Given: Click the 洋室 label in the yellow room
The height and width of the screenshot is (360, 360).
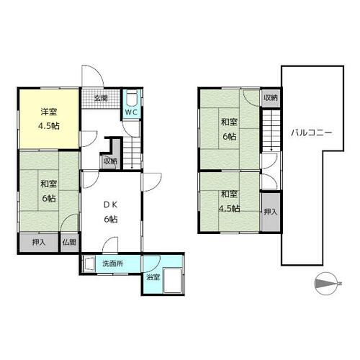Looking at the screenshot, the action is [x=49, y=112].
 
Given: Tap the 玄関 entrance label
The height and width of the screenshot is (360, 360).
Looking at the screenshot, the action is [x=101, y=99].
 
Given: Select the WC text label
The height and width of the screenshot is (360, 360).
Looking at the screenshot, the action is [x=131, y=112].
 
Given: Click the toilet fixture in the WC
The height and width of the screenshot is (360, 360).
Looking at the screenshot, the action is [x=131, y=98].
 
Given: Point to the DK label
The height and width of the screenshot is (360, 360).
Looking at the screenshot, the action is [x=110, y=204].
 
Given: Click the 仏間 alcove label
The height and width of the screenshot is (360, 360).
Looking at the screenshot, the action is [x=69, y=243].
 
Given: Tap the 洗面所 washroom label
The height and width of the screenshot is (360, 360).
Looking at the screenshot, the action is [x=113, y=264].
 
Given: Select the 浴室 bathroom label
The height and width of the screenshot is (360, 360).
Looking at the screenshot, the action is [x=153, y=277].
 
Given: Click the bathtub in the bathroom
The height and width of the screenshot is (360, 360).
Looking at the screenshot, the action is [x=174, y=281].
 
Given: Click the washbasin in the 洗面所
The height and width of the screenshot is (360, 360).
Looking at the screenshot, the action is [x=89, y=264].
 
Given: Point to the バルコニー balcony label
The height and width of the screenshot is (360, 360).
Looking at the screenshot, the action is [x=311, y=132].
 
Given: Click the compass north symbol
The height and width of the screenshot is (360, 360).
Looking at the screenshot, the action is [x=327, y=284].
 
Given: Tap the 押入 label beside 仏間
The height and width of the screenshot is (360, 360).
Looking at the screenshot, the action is [x=39, y=243].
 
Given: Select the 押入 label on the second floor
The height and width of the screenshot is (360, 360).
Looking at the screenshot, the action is [x=271, y=212].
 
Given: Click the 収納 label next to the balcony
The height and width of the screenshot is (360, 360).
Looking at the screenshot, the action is [x=271, y=98].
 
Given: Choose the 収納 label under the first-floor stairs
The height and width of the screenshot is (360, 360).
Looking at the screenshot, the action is [x=110, y=161].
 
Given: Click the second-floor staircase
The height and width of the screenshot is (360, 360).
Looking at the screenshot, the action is [x=271, y=130].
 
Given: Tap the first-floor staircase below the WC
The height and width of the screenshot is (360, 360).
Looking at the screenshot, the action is [x=132, y=153].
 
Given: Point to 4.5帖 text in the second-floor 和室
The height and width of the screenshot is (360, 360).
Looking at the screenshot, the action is [x=230, y=209].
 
